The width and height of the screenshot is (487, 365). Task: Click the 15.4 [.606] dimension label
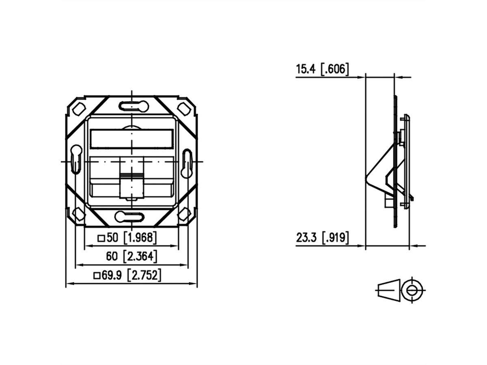(322, 69)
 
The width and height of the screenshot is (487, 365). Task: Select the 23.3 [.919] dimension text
(322, 238)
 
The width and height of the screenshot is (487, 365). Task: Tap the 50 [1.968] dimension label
(127, 238)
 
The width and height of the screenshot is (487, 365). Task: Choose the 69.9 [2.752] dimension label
(127, 275)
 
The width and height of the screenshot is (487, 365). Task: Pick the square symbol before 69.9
(97, 276)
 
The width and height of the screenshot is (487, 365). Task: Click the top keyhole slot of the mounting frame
(134, 106)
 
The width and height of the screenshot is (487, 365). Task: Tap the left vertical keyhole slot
(76, 159)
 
